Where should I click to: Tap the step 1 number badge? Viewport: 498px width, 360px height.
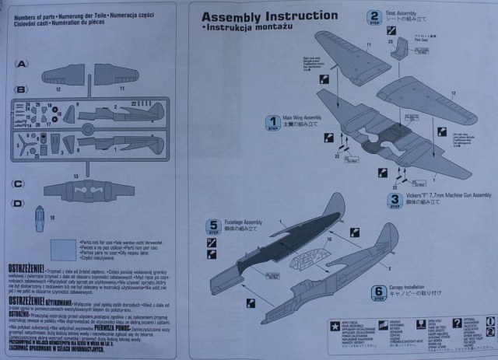click(x=272, y=122)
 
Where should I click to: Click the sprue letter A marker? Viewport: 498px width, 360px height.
click(x=21, y=63)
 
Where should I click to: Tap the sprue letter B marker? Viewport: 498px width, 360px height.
click(x=21, y=89)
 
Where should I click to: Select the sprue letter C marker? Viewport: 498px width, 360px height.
click(x=19, y=183)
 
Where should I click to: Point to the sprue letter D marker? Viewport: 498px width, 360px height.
click(x=19, y=204)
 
